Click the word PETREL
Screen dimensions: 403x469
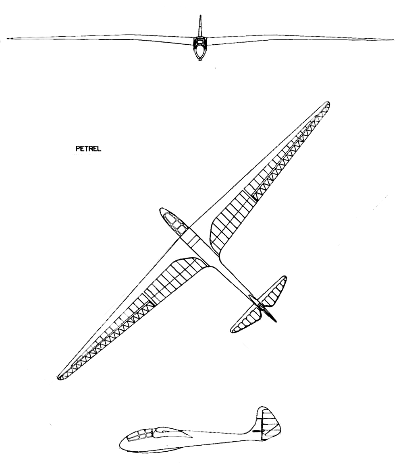point(88,149)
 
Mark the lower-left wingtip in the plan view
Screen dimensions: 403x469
point(61,376)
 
